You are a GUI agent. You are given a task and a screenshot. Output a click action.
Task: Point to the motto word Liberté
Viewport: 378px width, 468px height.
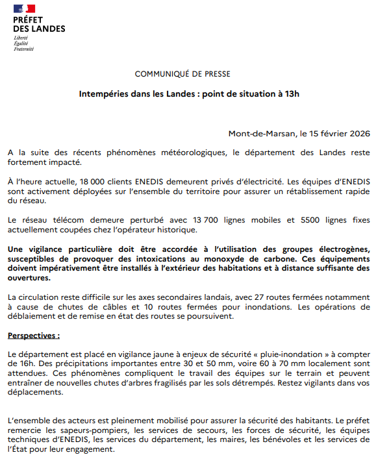pyautogui.click(x=21, y=38)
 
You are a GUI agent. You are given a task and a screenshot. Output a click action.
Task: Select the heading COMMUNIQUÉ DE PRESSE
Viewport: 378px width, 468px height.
pyautogui.click(x=183, y=74)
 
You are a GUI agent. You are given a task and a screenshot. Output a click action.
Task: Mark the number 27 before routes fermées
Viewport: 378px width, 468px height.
pyautogui.click(x=273, y=297)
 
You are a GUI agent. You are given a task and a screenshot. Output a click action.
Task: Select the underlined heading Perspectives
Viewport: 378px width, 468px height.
pyautogui.click(x=32, y=336)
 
